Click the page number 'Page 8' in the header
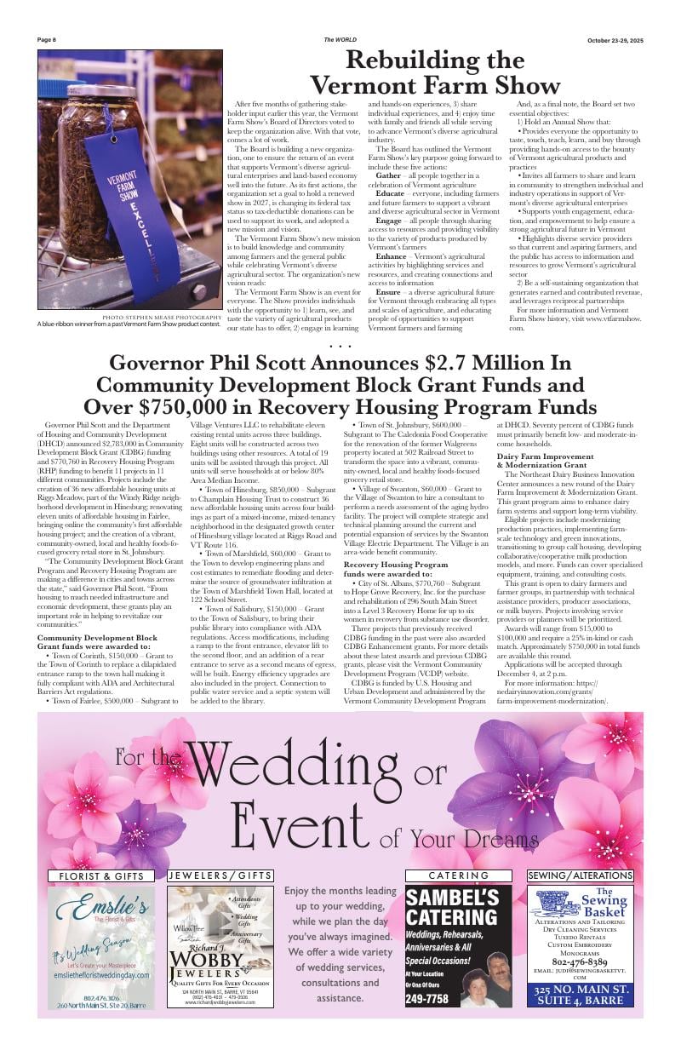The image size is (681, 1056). click(x=47, y=40)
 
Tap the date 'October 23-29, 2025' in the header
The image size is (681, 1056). click(x=615, y=40)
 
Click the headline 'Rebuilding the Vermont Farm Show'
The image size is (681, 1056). click(x=434, y=72)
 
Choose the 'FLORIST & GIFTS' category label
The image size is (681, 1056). click(x=100, y=875)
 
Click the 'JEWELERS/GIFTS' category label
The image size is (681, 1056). click(x=220, y=875)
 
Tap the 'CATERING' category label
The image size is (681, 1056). click(x=459, y=875)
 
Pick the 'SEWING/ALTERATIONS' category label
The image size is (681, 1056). click(x=581, y=875)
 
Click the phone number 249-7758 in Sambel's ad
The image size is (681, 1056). click(x=427, y=999)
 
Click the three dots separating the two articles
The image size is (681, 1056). click(x=340, y=346)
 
